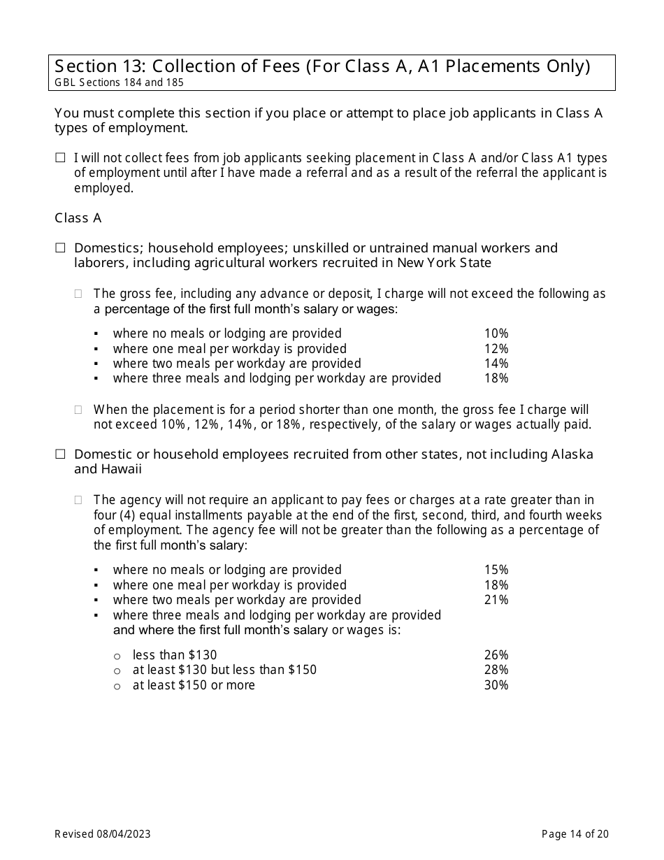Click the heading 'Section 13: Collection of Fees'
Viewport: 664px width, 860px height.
click(x=322, y=66)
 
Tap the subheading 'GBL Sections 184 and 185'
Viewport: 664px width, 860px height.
click(x=120, y=83)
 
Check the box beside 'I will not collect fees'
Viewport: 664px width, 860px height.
click(x=60, y=159)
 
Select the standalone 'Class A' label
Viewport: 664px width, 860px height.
click(x=78, y=218)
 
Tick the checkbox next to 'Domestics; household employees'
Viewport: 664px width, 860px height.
click(x=60, y=248)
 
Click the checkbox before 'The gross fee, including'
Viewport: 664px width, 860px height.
click(x=79, y=294)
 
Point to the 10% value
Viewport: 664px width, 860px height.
click(x=496, y=334)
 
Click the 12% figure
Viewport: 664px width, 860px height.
click(x=496, y=349)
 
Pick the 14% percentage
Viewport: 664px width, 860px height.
click(x=496, y=364)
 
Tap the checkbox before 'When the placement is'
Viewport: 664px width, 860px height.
click(x=79, y=410)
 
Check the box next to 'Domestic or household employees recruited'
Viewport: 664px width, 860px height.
click(x=60, y=454)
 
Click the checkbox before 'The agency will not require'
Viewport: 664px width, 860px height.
click(x=79, y=500)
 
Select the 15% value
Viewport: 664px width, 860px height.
click(x=496, y=570)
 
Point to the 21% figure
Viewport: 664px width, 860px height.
click(x=496, y=600)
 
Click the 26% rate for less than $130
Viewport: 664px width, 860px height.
click(x=496, y=655)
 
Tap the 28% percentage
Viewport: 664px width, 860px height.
click(x=496, y=670)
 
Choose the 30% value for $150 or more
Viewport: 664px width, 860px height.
click(x=496, y=685)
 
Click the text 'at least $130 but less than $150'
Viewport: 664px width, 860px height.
click(x=224, y=670)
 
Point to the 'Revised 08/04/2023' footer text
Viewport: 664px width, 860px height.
click(x=103, y=833)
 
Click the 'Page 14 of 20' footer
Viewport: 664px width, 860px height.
click(x=575, y=833)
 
